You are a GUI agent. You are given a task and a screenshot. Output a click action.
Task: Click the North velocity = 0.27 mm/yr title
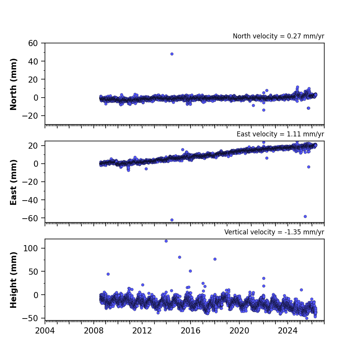click(279, 36)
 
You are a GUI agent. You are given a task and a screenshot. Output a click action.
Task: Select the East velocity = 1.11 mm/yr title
click(280, 134)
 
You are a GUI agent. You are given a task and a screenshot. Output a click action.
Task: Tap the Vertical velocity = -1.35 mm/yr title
click(274, 232)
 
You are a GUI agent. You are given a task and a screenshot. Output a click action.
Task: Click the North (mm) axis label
click(13, 84)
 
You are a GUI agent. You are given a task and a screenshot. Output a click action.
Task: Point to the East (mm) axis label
click(13, 182)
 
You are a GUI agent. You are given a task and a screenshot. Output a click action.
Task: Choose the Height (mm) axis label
click(13, 280)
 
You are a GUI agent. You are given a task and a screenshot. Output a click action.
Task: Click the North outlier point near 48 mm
click(172, 54)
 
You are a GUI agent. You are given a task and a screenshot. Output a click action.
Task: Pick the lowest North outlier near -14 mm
click(264, 110)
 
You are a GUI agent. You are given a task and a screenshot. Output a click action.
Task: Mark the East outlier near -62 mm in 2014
click(172, 220)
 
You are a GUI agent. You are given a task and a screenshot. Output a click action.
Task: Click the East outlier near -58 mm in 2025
click(305, 217)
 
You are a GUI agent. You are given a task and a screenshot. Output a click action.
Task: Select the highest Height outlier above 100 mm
click(166, 241)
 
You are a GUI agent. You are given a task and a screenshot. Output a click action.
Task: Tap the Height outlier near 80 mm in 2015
click(179, 257)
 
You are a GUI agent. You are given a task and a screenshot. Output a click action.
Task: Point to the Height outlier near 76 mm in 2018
click(215, 259)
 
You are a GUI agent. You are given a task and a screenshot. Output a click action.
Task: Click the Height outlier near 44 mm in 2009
click(108, 274)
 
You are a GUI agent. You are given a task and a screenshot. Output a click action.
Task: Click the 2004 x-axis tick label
click(45, 331)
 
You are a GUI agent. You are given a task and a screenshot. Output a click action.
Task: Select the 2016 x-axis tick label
click(191, 331)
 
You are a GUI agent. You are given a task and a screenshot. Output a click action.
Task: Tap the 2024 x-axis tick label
click(288, 331)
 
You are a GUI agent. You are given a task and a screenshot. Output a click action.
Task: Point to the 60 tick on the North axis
click(33, 43)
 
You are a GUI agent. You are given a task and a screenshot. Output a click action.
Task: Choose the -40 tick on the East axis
click(30, 200)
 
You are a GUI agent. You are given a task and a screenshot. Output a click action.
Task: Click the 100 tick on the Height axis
click(30, 248)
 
